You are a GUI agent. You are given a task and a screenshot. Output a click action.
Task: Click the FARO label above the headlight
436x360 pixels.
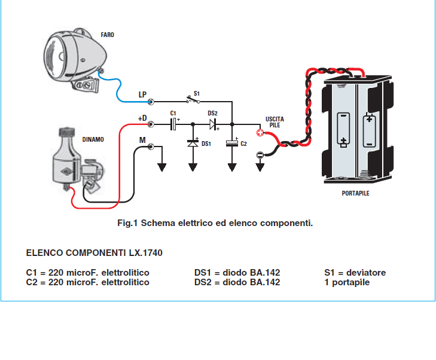pyautogui.click(x=107, y=35)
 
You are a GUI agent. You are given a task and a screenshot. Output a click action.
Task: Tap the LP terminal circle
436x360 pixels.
pyautogui.click(x=151, y=102)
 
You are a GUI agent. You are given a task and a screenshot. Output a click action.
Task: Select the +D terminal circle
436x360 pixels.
pyautogui.click(x=151, y=124)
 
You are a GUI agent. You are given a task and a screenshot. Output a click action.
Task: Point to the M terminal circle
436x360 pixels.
pyautogui.click(x=151, y=147)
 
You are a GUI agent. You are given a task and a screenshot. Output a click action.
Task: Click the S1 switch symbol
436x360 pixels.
pyautogui.click(x=193, y=100)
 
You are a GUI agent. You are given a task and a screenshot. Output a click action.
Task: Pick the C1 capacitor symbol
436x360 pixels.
pyautogui.click(x=173, y=124)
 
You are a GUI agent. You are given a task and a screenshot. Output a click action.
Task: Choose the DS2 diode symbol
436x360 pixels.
pyautogui.click(x=214, y=124)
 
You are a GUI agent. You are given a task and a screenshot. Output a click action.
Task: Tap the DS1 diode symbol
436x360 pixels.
pyautogui.click(x=193, y=144)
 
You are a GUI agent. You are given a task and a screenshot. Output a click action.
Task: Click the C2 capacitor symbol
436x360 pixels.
pyautogui.click(x=232, y=144)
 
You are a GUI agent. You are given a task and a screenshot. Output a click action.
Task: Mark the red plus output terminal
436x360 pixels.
pyautogui.click(x=260, y=133)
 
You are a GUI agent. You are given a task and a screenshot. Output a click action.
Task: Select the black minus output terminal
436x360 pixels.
pyautogui.click(x=260, y=154)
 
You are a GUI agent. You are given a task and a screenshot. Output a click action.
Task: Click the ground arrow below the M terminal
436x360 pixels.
pyautogui.click(x=162, y=167)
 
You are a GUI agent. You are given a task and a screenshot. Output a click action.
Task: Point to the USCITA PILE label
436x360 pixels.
pyautogui.click(x=275, y=122)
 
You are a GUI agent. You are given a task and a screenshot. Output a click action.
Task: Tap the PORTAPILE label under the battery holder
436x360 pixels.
pyautogui.click(x=355, y=193)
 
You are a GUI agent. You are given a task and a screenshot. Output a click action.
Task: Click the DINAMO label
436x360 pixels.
pyautogui.click(x=93, y=139)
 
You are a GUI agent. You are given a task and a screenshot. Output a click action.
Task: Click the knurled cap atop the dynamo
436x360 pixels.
pyautogui.click(x=67, y=131)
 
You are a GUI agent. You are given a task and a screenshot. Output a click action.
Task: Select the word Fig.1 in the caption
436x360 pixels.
pyautogui.click(x=127, y=223)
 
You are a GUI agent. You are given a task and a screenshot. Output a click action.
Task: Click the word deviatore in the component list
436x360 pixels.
pyautogui.click(x=366, y=273)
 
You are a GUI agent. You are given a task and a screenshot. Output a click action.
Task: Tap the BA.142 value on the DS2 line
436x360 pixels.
pyautogui.click(x=265, y=282)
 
